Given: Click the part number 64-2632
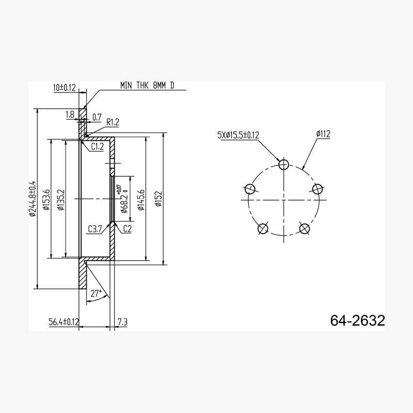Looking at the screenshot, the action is [358, 321].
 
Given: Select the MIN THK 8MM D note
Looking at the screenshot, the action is [147, 86].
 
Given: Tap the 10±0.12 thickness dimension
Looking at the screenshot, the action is [65, 88].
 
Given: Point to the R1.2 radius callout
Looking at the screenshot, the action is [113, 122].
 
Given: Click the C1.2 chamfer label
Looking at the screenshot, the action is [98, 147].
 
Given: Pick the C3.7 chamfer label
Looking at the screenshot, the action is [94, 229].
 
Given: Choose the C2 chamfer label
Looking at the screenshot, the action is [127, 229].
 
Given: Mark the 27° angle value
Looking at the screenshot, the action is [96, 293].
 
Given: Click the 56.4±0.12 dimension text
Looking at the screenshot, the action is [64, 322].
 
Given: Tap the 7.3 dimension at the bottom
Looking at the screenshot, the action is [122, 322].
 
